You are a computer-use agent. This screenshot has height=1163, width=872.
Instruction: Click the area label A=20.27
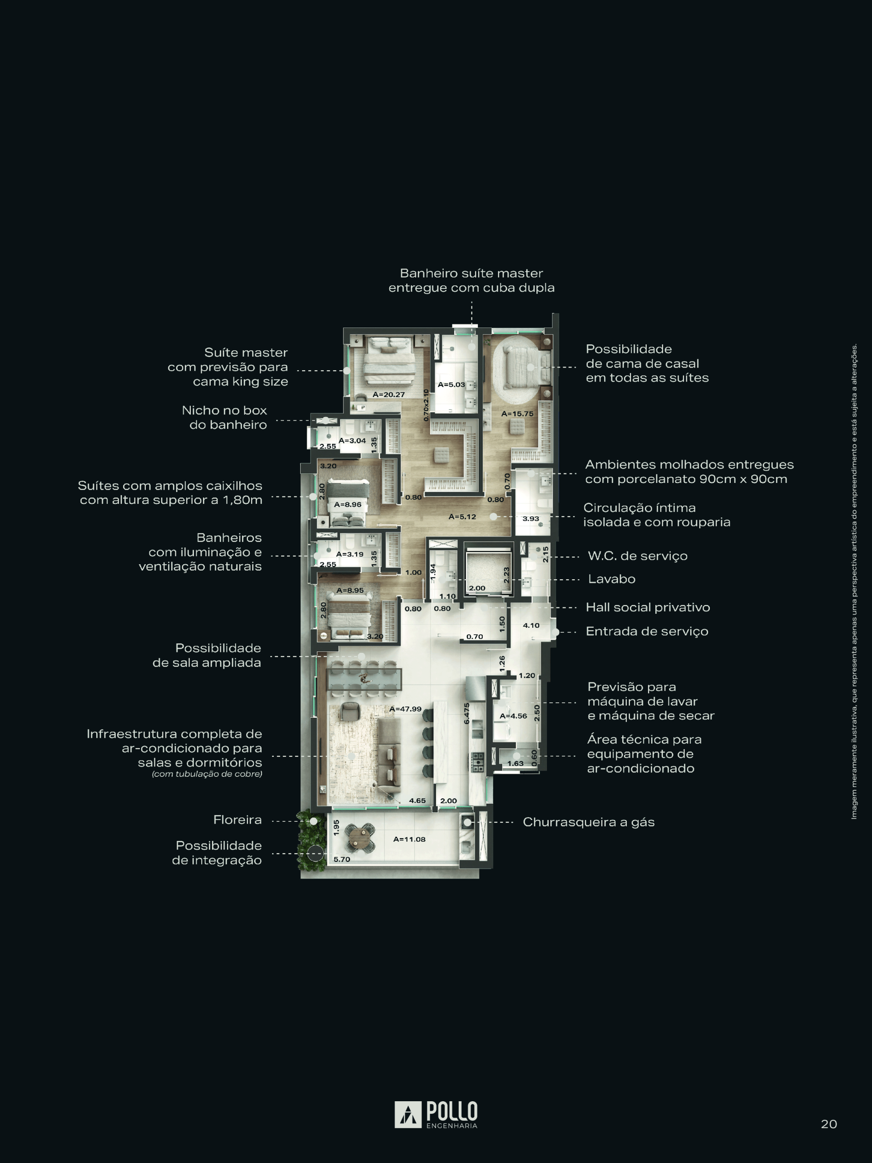(388, 394)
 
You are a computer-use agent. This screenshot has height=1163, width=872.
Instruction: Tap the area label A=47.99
(405, 709)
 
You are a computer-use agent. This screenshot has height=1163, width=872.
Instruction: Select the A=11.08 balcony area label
(410, 839)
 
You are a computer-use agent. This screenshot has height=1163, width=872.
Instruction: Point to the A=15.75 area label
(517, 414)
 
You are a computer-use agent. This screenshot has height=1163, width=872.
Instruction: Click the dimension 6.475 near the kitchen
(466, 713)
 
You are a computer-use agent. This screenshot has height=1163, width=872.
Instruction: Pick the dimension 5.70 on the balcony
(342, 859)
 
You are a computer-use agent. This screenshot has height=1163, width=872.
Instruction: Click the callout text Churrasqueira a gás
(589, 822)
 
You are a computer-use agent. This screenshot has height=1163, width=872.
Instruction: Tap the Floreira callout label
(238, 820)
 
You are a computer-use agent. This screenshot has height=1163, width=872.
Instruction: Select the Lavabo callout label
(612, 579)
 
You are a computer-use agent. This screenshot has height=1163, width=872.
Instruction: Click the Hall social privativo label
(648, 607)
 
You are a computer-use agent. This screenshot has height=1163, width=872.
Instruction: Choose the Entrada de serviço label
(647, 631)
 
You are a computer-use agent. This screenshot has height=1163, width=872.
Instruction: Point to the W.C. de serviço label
(638, 556)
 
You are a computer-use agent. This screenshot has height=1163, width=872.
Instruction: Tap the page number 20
(829, 1124)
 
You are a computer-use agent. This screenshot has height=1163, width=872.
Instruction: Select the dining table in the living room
(364, 679)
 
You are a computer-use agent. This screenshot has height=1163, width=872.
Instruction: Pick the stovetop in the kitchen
(477, 762)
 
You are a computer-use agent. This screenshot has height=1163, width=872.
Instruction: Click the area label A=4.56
(513, 716)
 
